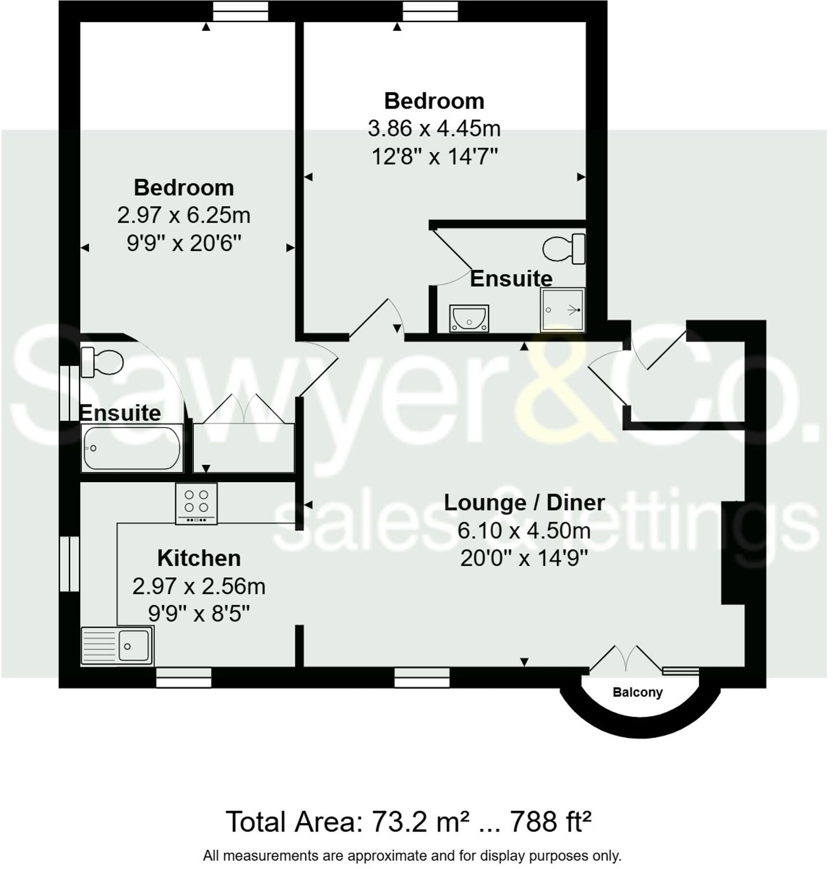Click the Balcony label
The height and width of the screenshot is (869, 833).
[x=637, y=692]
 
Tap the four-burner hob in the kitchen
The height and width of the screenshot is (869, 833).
[x=196, y=503]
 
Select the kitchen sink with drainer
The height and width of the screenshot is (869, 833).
[x=117, y=646]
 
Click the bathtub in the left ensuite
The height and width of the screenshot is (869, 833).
[x=131, y=448]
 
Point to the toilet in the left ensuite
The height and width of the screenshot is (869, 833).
[x=102, y=362]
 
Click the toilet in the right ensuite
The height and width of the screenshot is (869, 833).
[x=564, y=249]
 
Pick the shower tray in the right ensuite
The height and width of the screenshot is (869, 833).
[x=562, y=310]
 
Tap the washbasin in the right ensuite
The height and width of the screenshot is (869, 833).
[x=469, y=318]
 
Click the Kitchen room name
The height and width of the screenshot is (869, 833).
[x=199, y=558]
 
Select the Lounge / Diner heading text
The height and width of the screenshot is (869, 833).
[x=524, y=503]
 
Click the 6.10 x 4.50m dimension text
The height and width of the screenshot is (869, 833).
[x=524, y=531]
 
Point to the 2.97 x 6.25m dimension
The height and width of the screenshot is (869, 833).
[x=184, y=215]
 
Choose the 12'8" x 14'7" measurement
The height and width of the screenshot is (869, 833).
[x=434, y=156]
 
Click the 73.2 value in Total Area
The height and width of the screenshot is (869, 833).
[x=399, y=821]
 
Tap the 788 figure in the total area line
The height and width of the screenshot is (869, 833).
[x=531, y=821]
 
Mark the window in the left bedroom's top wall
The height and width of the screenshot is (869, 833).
[x=240, y=11]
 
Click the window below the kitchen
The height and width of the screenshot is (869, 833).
[x=184, y=677]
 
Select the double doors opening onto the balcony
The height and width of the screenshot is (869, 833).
[x=626, y=658]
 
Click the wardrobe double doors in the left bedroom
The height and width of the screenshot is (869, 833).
[x=244, y=409]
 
